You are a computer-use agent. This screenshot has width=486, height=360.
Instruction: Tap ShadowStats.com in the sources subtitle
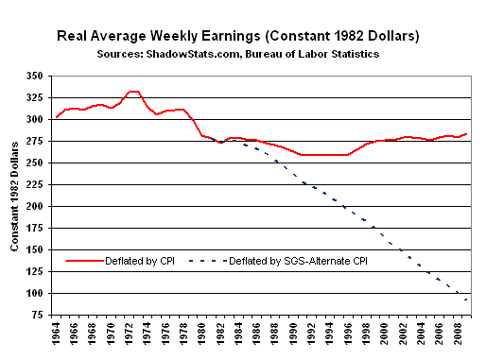[193, 54]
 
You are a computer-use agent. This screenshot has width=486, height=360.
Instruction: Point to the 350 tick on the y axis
[35, 77]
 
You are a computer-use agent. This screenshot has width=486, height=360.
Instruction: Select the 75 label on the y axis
[37, 315]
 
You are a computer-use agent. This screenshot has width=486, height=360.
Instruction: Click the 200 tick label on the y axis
[35, 206]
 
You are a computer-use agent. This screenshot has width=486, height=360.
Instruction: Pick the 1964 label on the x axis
[56, 334]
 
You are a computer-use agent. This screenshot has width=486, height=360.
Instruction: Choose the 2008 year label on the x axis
[459, 334]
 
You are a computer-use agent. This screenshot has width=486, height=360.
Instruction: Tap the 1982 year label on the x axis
[221, 334]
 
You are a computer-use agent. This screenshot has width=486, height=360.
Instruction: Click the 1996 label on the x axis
[349, 334]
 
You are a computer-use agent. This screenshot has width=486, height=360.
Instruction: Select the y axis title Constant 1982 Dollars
[14, 197]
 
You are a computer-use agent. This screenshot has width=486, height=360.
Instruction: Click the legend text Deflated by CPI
[140, 261]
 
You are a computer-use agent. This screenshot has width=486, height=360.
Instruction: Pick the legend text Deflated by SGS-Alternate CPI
[298, 261]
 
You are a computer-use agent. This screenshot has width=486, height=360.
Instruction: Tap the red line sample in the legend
[84, 261]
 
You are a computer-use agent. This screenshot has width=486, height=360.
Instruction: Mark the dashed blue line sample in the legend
[208, 261]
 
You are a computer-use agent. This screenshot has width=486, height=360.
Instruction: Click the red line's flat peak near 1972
[134, 92]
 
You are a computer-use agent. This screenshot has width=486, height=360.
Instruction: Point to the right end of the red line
[466, 134]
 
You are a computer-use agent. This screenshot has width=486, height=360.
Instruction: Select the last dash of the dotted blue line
[465, 300]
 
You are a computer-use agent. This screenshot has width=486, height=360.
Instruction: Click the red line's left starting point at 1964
[57, 117]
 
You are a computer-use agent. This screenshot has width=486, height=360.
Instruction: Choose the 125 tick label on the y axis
[35, 271]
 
